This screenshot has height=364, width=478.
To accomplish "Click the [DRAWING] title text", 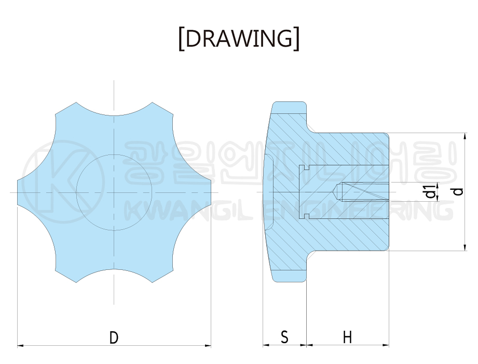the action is coord(239,39).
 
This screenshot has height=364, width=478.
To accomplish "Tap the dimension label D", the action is coord(114,337).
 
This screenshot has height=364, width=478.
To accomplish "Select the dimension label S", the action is coord(284,337).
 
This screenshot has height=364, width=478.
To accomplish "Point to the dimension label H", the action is coord(348,337).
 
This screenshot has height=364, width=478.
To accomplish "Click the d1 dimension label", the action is coord(430,191).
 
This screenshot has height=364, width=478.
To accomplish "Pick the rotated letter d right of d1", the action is coord(458,191).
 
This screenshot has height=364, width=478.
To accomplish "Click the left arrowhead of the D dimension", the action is coord(20,346).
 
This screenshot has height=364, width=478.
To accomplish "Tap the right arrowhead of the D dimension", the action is coord(208,346).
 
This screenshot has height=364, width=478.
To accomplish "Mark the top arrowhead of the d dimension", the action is coord(465,136).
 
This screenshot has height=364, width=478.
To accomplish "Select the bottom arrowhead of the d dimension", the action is coord(465,248).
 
